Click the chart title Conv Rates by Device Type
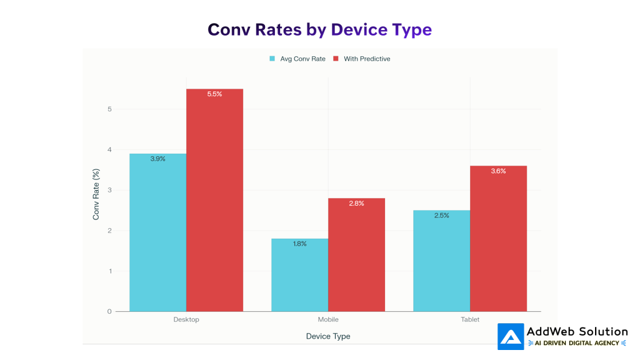(x=319, y=29)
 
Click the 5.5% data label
(x=214, y=94)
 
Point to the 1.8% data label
(x=299, y=244)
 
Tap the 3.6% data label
(x=498, y=171)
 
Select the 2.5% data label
(x=441, y=216)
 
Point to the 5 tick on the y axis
(x=109, y=109)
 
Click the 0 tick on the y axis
(x=109, y=311)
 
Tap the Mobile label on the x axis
(x=328, y=319)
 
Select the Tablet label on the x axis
(x=470, y=319)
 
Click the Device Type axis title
(x=328, y=336)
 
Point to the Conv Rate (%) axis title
(x=96, y=194)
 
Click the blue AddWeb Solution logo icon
(x=511, y=336)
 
